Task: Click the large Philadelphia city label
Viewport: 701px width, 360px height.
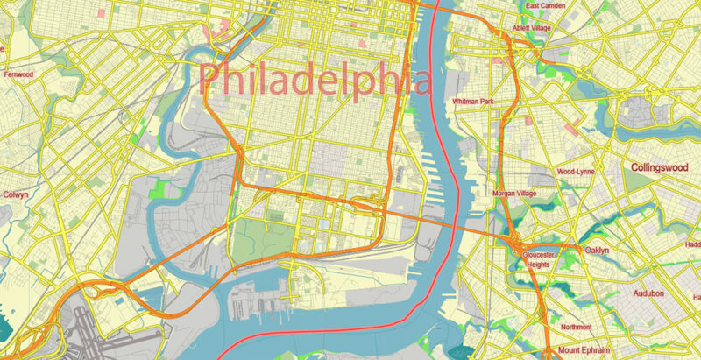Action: point(315,80)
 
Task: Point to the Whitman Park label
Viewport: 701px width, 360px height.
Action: point(473,102)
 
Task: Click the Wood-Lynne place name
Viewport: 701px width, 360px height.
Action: point(575,172)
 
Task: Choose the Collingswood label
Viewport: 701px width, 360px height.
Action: point(663,166)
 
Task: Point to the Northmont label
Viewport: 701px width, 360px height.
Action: point(575,327)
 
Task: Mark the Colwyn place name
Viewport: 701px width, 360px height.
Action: point(17,194)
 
